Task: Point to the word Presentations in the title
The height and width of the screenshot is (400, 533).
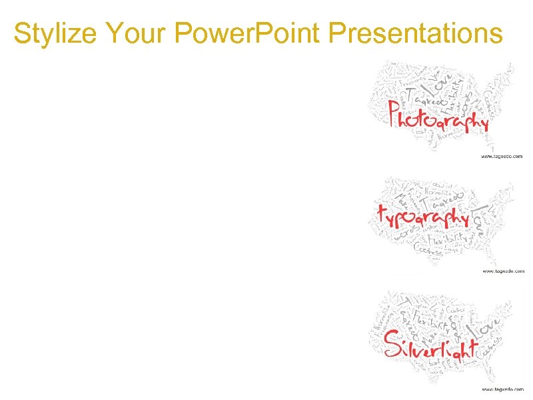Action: (414, 33)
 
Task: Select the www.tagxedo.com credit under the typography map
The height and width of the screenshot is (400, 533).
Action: (502, 271)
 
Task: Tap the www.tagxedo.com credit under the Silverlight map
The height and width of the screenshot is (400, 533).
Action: (502, 389)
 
